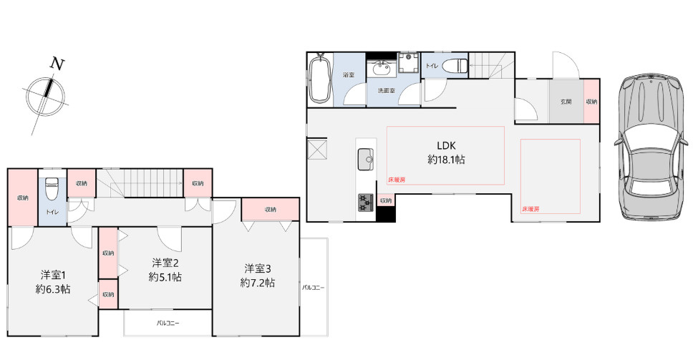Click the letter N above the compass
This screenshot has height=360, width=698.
pyautogui.click(x=57, y=64)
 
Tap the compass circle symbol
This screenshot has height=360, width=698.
pyautogui.click(x=45, y=96)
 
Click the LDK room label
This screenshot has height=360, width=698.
pyautogui.click(x=446, y=145)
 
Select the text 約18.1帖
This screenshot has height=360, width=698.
pyautogui.click(x=446, y=160)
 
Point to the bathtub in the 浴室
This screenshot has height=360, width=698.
pyautogui.click(x=319, y=78)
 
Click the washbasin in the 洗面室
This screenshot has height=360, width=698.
pyautogui.click(x=381, y=69)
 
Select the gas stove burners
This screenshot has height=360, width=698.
pyautogui.click(x=366, y=203)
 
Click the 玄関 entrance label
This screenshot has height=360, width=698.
pyautogui.click(x=566, y=102)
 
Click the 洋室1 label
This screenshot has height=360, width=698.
pyautogui.click(x=53, y=274)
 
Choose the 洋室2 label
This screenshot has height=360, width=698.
pyautogui.click(x=165, y=262)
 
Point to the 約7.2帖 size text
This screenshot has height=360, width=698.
pyautogui.click(x=257, y=283)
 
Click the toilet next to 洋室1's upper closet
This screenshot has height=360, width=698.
pyautogui.click(x=52, y=190)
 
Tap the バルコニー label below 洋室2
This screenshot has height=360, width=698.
pyautogui.click(x=168, y=323)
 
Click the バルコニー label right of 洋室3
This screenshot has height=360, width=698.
pyautogui.click(x=314, y=288)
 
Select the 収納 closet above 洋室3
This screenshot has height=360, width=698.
pyautogui.click(x=270, y=209)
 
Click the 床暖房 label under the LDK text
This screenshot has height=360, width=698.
pyautogui.click(x=397, y=180)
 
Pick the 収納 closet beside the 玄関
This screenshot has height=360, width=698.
pyautogui.click(x=591, y=101)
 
